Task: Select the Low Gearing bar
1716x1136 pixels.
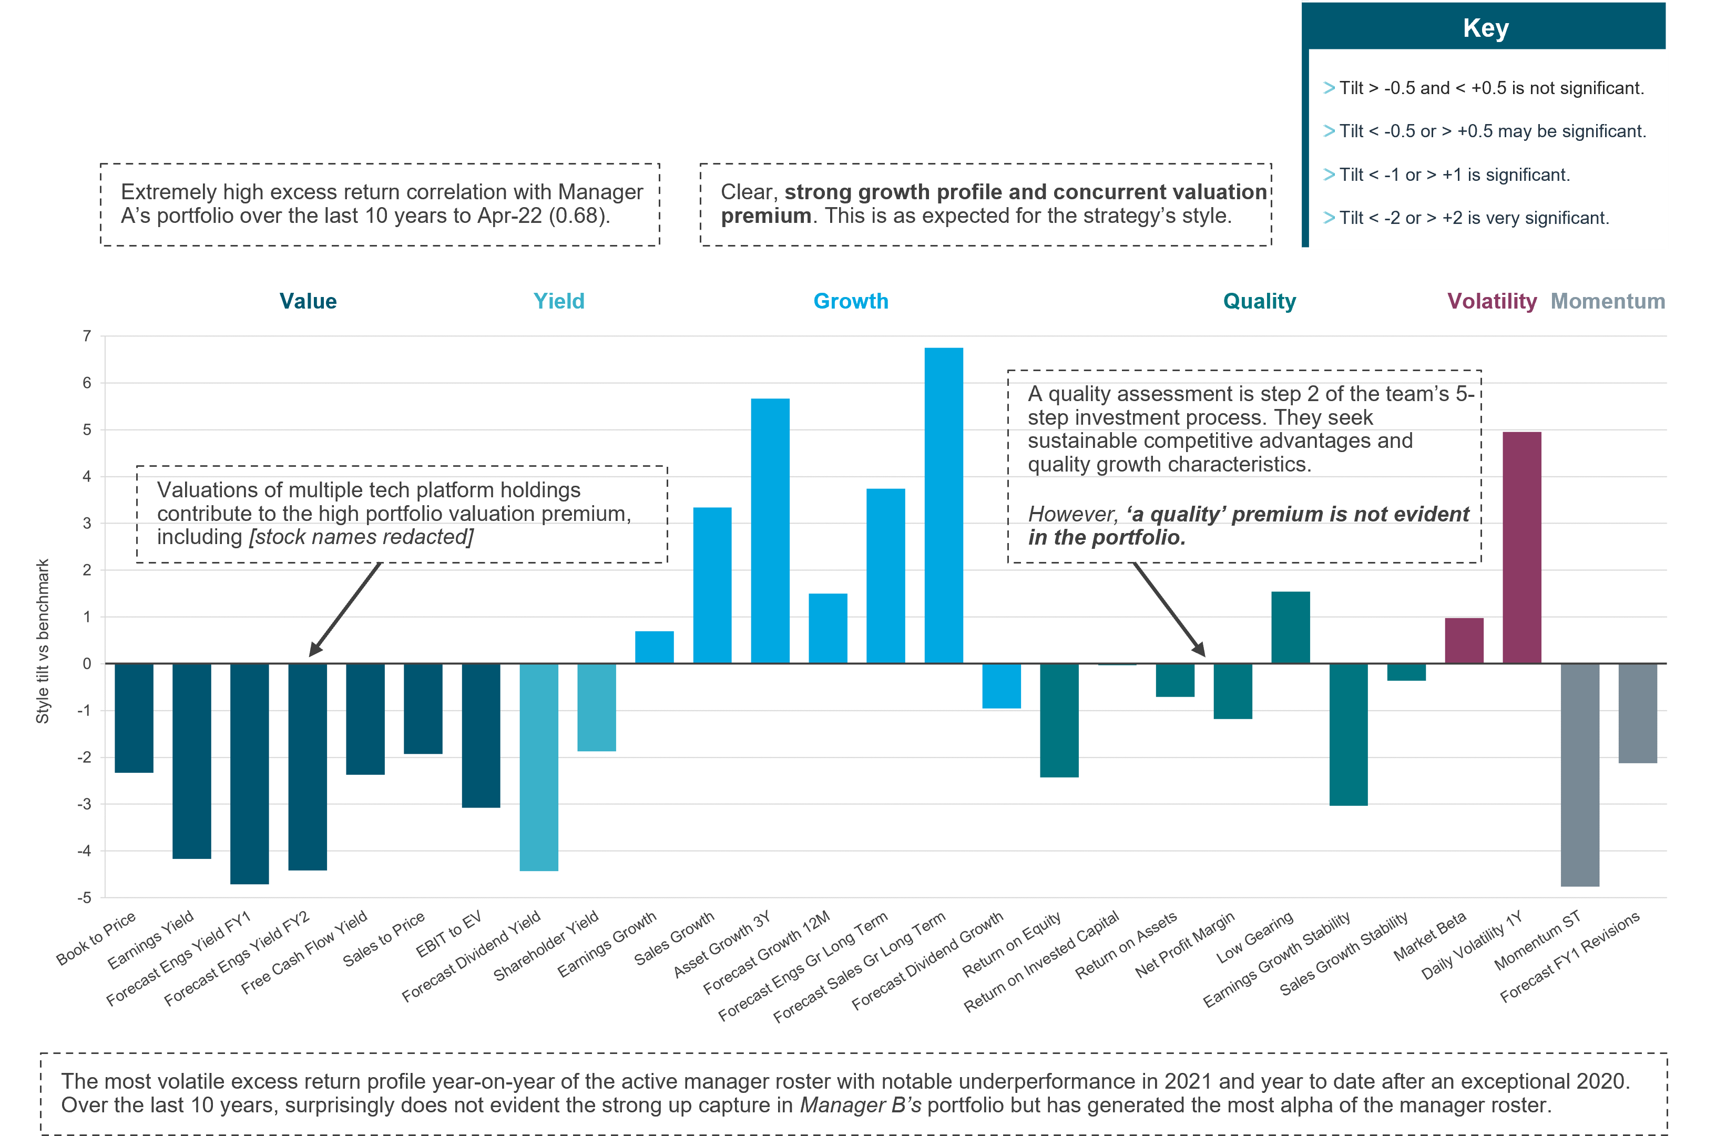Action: click(1290, 628)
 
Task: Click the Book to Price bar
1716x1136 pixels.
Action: click(134, 717)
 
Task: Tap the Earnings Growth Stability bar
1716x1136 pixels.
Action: click(1348, 734)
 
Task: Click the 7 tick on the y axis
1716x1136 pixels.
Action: click(87, 336)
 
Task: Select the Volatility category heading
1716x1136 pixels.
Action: click(1492, 301)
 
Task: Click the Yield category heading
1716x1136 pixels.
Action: click(558, 301)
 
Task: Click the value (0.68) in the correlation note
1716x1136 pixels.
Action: click(579, 216)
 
